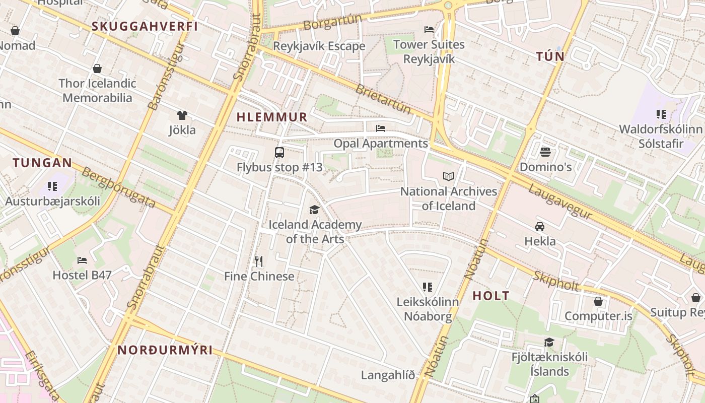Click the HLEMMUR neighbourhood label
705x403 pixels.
click(272, 117)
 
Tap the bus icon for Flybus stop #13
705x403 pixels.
click(279, 152)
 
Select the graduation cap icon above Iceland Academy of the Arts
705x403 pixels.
click(315, 210)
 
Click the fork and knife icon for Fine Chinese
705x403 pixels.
click(259, 261)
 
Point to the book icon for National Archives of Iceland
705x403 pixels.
click(448, 176)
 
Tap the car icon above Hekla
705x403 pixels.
click(540, 226)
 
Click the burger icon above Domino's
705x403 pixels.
click(545, 152)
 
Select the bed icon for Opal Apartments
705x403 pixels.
click(381, 128)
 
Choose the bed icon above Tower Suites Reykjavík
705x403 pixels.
click(429, 29)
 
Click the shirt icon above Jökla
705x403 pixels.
click(182, 115)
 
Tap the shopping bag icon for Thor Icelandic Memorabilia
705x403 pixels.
click(97, 69)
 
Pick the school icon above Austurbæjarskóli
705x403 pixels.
click(52, 186)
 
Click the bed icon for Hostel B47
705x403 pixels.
click(82, 260)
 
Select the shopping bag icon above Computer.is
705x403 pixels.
click(598, 301)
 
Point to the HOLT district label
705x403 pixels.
click(491, 296)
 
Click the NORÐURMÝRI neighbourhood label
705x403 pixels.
click(165, 350)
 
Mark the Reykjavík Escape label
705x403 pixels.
click(319, 46)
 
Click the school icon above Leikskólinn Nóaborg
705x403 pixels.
click(428, 287)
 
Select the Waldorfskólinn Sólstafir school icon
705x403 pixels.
click(661, 114)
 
